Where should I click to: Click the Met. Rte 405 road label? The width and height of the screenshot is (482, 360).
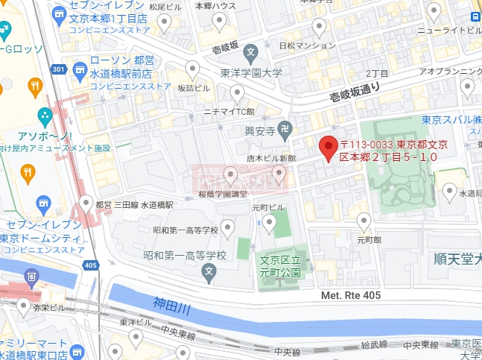point(351,296)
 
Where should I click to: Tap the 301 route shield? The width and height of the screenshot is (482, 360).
point(59,70)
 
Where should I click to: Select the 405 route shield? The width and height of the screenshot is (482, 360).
point(91,265)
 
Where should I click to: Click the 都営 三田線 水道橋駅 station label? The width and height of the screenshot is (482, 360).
point(134,204)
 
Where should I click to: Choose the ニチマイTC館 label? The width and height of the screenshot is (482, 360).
point(229,112)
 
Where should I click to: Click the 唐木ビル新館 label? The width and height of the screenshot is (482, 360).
point(271,158)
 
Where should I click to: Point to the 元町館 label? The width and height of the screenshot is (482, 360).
point(369,240)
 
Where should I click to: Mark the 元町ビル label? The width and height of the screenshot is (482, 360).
point(268,206)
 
